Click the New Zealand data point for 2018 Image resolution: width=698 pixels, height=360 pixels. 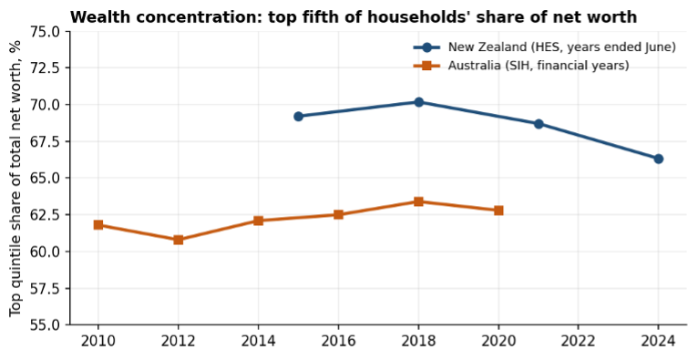point(418,102)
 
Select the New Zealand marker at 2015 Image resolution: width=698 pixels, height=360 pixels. point(298,117)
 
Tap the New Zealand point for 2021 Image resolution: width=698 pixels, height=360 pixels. point(539,124)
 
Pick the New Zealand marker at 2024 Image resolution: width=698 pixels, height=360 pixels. point(659,159)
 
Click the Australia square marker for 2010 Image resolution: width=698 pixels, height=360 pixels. point(98,225)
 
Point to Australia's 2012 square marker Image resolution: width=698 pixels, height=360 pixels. point(178,240)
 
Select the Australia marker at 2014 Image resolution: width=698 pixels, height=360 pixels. point(258,221)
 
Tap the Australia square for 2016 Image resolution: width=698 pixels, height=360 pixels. point(338,214)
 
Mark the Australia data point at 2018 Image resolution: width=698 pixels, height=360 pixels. point(418,201)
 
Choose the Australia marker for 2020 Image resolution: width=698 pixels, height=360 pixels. point(498,210)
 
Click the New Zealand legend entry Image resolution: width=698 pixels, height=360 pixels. point(544,47)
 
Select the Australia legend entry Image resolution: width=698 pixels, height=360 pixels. point(521,66)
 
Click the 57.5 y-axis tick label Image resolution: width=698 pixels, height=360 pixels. point(45,288)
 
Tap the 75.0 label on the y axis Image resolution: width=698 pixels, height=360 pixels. point(45,32)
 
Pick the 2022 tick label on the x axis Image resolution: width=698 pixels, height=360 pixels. point(579,341)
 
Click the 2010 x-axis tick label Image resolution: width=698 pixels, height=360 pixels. point(98,341)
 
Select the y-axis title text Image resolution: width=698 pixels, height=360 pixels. point(15,178)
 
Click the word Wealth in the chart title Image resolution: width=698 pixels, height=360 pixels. point(95,17)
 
